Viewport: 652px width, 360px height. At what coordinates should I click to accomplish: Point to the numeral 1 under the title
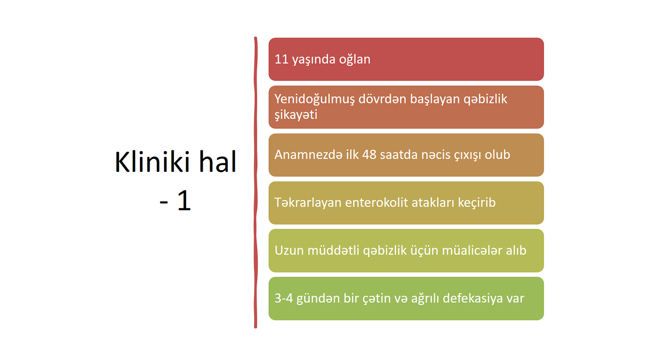(184, 200)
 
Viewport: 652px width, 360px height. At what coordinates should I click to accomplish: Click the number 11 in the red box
(281, 59)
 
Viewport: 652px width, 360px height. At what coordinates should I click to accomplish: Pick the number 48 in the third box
(369, 155)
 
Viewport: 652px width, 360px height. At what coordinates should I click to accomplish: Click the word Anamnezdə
(308, 155)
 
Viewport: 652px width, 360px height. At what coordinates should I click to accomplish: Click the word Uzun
(289, 251)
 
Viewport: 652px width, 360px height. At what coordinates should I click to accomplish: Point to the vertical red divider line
(255, 183)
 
